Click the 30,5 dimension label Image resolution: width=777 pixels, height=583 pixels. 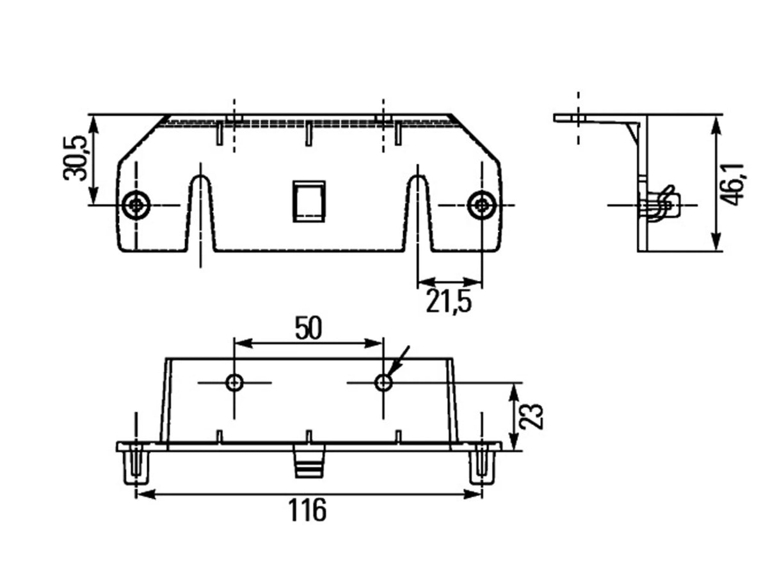click(x=75, y=157)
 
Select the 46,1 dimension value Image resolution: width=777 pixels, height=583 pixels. click(x=732, y=184)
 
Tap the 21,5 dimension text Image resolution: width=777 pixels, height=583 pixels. click(x=448, y=301)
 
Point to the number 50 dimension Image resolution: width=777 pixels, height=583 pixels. click(x=308, y=328)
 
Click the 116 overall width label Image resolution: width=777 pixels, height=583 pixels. click(x=307, y=510)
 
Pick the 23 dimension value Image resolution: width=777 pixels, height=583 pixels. click(x=531, y=417)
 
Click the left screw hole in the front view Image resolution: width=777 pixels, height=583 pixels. click(x=136, y=205)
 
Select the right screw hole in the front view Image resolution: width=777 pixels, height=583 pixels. click(x=481, y=205)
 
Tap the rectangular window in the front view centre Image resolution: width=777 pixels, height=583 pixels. click(x=308, y=202)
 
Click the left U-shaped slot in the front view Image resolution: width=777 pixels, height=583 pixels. click(x=201, y=212)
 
